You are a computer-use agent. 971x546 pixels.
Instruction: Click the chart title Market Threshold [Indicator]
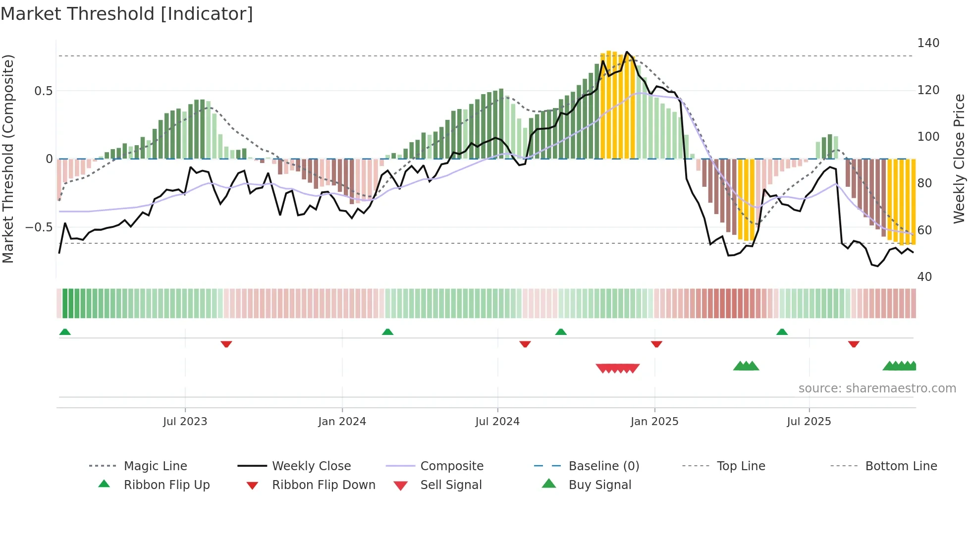coord(127,14)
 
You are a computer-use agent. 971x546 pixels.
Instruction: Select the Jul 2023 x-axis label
coord(185,422)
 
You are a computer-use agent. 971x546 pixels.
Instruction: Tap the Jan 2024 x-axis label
coord(342,422)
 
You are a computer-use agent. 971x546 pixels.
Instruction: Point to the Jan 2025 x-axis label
coord(654,422)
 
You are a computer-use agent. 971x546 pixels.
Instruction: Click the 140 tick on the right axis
coord(928,43)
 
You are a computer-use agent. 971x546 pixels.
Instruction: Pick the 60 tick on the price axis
coord(924,230)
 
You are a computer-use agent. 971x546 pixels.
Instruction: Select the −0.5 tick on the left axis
coord(39,227)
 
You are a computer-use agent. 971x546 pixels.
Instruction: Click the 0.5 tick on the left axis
coord(43,91)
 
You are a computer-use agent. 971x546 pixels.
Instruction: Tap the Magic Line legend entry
coord(155,466)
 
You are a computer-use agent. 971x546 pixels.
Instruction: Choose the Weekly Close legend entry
coord(311,466)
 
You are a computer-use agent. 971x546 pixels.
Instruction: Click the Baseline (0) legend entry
coord(603,466)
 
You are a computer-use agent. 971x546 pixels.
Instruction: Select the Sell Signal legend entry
coord(450,485)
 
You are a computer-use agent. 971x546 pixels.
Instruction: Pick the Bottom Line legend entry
coord(901,466)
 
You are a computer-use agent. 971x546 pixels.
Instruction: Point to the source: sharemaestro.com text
coord(877,388)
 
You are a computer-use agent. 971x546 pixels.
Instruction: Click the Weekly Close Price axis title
coord(960,159)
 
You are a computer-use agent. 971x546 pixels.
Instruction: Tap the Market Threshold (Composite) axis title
coord(8,159)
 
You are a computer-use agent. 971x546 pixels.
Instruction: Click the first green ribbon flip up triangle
coord(65,332)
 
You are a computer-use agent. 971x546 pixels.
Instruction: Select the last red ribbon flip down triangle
coord(854,344)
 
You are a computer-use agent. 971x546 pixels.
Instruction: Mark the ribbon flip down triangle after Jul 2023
coord(226,344)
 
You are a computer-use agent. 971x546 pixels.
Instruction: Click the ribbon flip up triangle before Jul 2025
coord(782,332)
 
